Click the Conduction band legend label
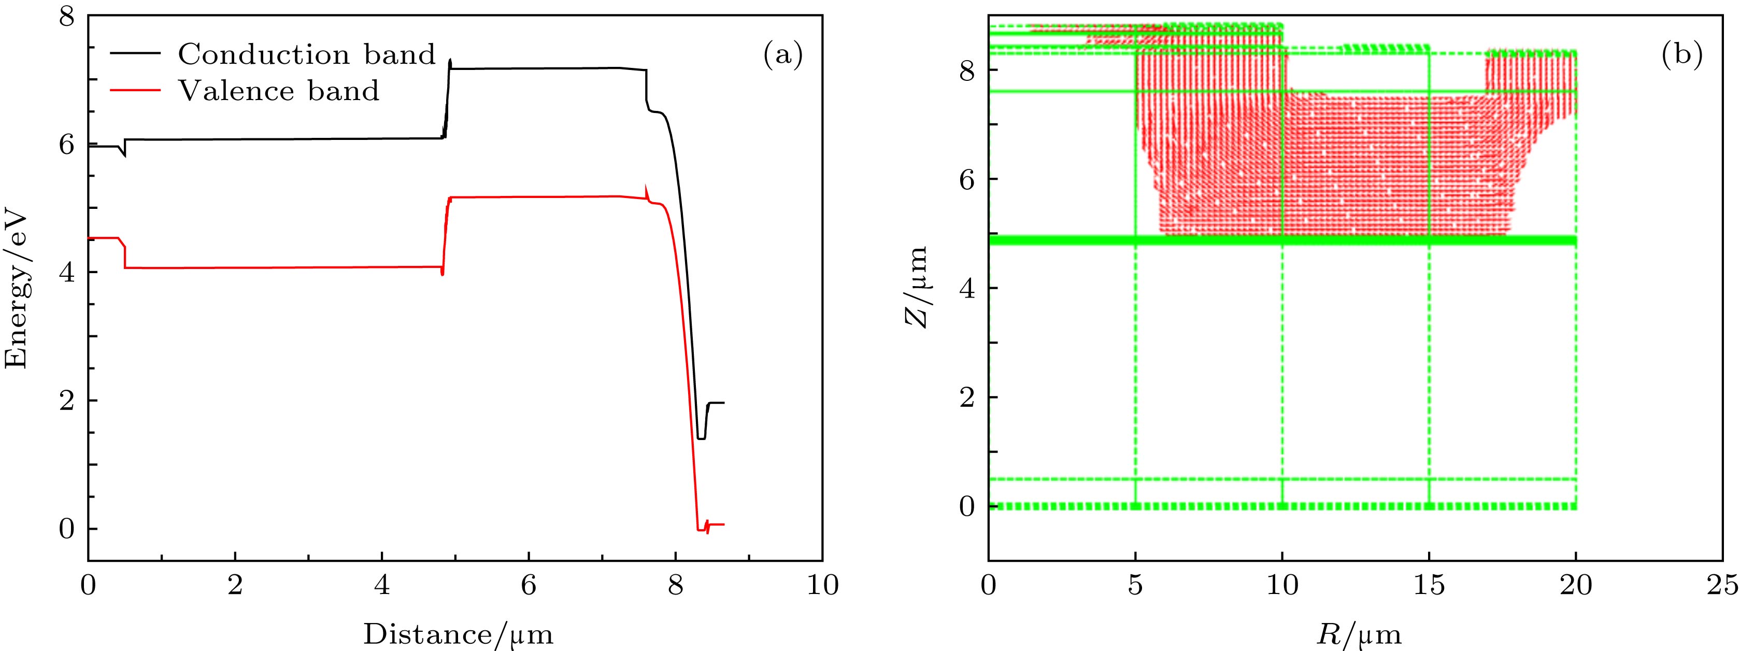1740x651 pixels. (307, 55)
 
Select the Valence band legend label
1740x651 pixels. (278, 91)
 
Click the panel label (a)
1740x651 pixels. (783, 55)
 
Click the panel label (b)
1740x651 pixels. (1682, 55)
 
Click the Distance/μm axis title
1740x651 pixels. (458, 634)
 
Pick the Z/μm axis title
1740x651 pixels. (917, 287)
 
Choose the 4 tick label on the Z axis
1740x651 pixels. (968, 288)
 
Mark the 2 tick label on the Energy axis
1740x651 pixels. (67, 401)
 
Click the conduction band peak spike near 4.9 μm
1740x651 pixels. (450, 61)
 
